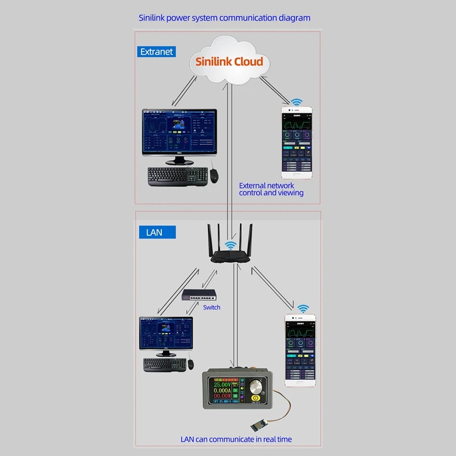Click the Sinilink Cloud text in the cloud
click(229, 62)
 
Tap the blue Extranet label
click(156, 52)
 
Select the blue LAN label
click(154, 233)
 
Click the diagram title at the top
click(225, 18)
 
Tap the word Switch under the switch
click(211, 307)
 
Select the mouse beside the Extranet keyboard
click(214, 176)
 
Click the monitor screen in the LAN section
click(166, 334)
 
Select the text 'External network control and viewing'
click(271, 189)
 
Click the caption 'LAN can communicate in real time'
click(236, 439)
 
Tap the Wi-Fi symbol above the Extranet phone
click(296, 103)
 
